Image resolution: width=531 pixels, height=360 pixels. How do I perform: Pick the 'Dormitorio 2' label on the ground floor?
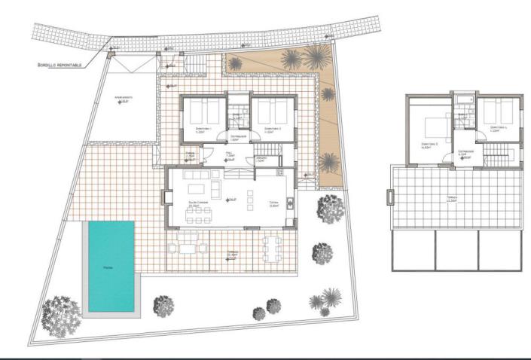point(270,129)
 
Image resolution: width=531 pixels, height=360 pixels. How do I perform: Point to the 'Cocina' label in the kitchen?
point(273,202)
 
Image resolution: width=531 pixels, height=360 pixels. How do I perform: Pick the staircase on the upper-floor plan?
point(496,160)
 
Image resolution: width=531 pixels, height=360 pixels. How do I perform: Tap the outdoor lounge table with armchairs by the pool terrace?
point(188,246)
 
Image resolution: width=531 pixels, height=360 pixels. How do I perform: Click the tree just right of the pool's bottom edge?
point(163,305)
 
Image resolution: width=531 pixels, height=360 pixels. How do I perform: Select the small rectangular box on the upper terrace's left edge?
point(390,197)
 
